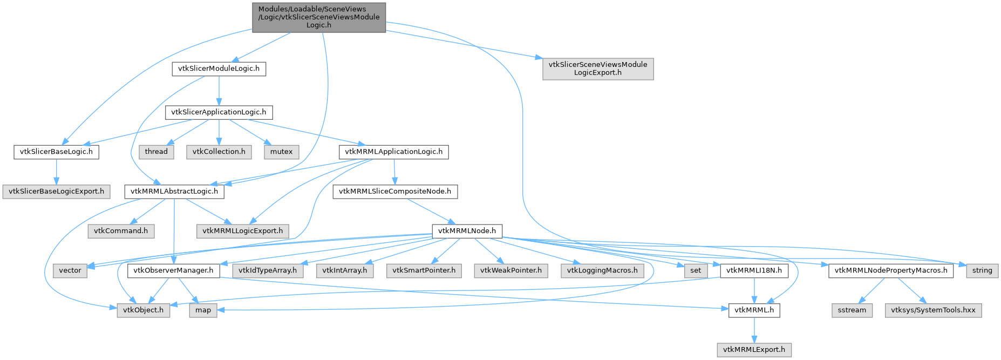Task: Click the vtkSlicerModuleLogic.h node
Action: tap(219, 69)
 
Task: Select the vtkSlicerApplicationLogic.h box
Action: tap(219, 112)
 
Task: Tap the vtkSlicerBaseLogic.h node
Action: tap(56, 152)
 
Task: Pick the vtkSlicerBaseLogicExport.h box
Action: tap(56, 191)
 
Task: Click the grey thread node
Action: tap(156, 152)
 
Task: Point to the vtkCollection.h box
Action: tap(219, 152)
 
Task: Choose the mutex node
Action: tap(281, 152)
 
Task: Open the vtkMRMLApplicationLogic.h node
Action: tap(394, 152)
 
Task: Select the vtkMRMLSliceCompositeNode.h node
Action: tap(395, 191)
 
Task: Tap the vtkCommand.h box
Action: tap(121, 230)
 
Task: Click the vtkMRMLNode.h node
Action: tap(467, 230)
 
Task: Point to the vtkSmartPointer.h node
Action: tap(424, 270)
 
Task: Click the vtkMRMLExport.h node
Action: tap(754, 349)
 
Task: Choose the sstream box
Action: tap(852, 310)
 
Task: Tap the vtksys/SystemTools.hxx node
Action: tap(933, 310)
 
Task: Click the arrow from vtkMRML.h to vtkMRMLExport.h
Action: tap(754, 330)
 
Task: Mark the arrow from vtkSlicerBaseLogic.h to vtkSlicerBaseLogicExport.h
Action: tap(56, 172)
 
